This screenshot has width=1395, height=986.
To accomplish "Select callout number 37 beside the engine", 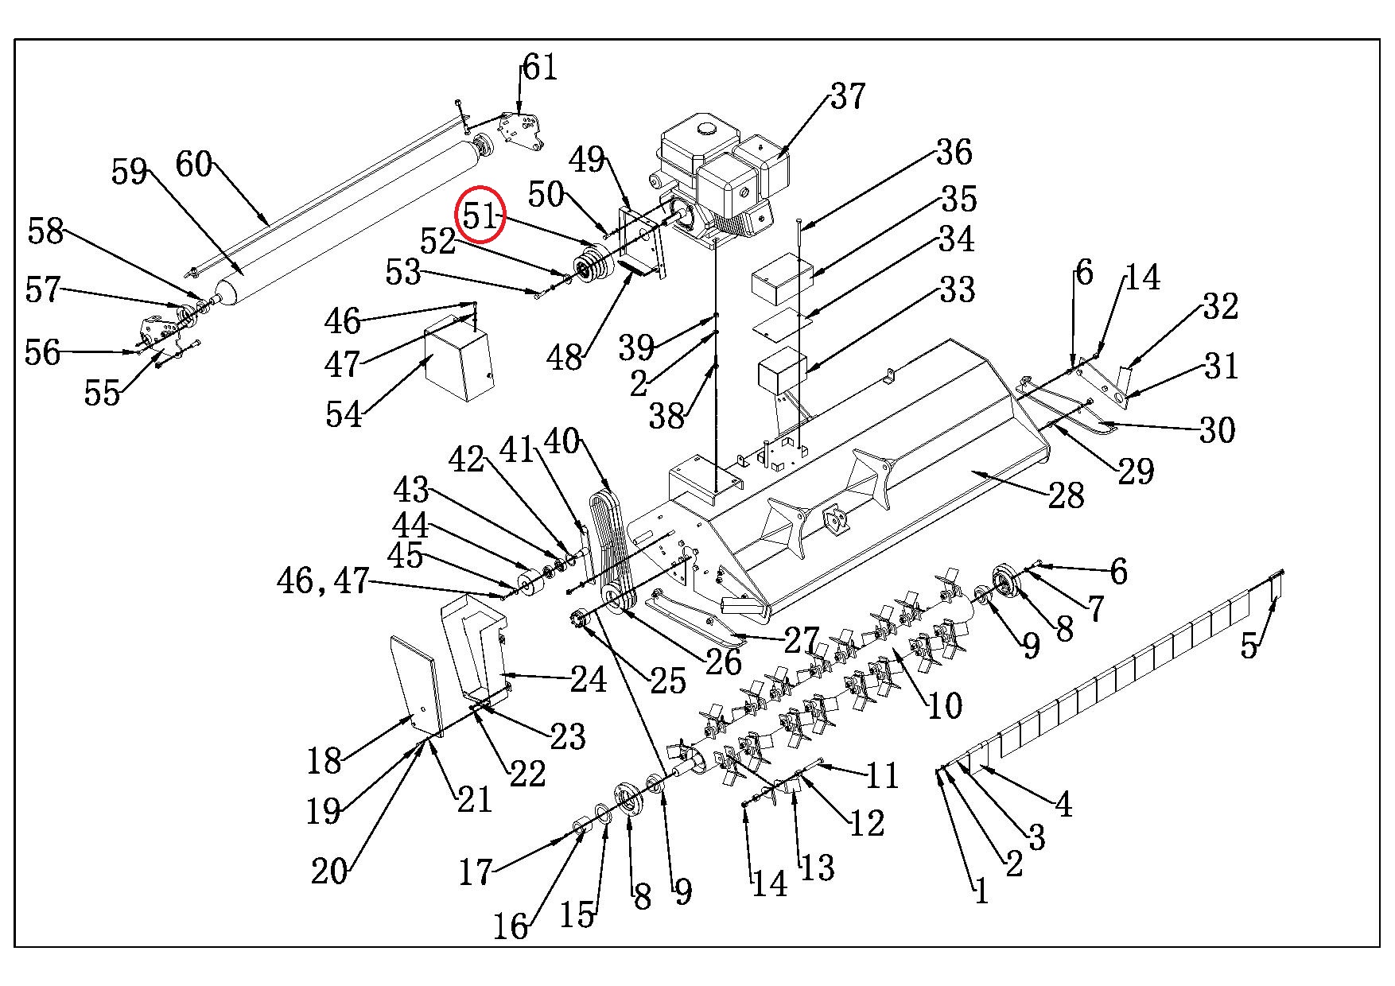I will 847,96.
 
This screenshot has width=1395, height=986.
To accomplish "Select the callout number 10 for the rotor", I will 944,704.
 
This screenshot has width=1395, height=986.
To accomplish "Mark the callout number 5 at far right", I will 1249,646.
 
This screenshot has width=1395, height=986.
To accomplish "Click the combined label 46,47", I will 323,581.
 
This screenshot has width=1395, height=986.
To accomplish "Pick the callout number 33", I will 957,289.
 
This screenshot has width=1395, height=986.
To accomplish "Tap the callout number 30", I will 1217,430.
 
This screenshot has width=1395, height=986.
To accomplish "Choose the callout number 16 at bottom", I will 510,925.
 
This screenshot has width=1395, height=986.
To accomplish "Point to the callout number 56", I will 43,351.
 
